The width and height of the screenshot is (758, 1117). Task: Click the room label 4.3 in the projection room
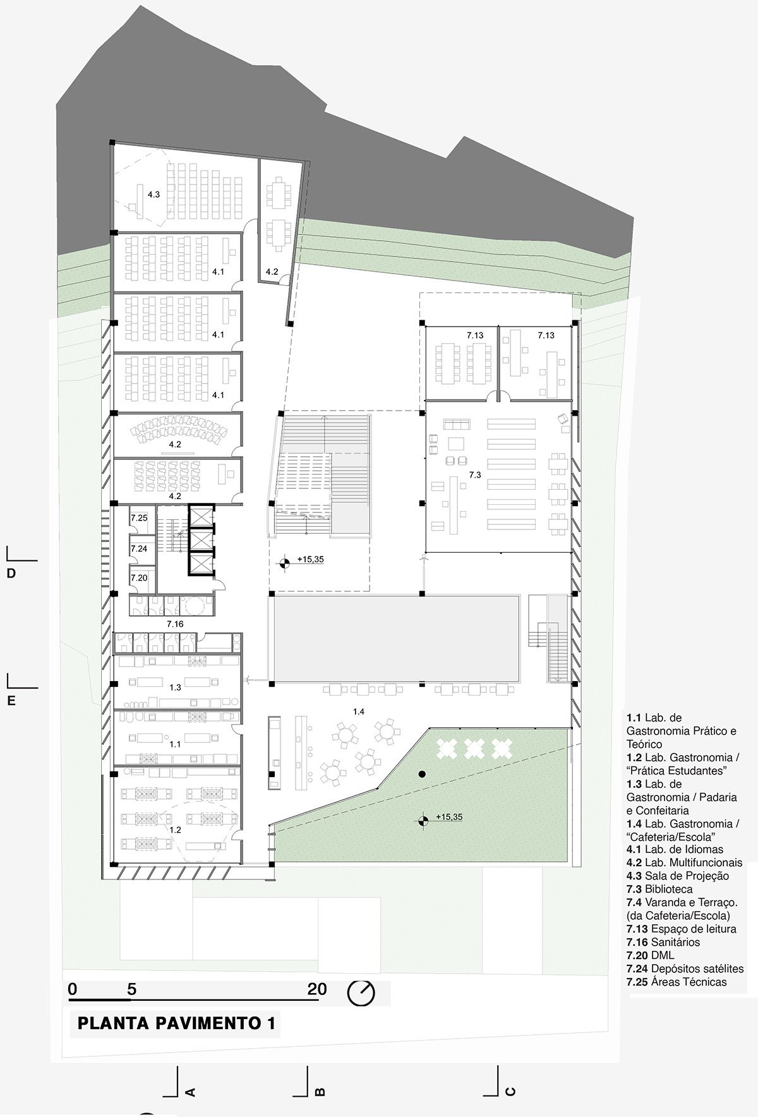tap(153, 195)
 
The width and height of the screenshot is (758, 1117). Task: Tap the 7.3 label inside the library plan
tap(475, 474)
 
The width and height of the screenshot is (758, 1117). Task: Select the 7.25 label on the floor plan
tap(139, 518)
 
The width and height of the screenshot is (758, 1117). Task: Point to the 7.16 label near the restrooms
tap(175, 624)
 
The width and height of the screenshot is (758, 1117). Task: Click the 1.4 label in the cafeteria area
tap(358, 711)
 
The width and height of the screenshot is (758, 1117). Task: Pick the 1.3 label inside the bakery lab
tap(175, 687)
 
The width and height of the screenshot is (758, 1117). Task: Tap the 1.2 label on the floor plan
tap(175, 830)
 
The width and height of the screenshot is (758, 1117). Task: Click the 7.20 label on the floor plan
tap(139, 577)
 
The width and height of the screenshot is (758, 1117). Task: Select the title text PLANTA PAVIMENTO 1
tap(176, 1023)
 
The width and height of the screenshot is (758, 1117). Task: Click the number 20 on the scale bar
tap(317, 989)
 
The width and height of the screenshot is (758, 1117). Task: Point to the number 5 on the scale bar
tap(131, 989)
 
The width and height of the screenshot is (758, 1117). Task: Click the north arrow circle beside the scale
tap(361, 993)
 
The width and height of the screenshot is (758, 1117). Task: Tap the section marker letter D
tap(11, 574)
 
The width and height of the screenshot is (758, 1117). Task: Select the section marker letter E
tap(11, 701)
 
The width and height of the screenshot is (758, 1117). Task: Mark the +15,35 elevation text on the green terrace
tap(449, 817)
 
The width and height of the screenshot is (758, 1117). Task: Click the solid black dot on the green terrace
tap(421, 774)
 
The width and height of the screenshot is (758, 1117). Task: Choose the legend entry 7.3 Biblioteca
tap(659, 889)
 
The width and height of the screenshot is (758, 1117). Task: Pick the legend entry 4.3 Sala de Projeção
tap(678, 876)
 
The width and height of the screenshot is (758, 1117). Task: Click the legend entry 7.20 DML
tap(651, 955)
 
